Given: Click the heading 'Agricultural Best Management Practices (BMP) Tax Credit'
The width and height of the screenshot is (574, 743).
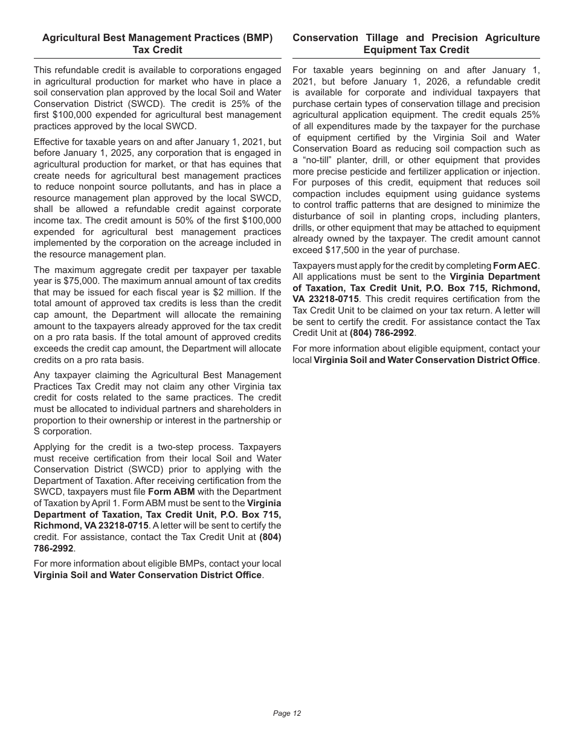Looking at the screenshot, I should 157,43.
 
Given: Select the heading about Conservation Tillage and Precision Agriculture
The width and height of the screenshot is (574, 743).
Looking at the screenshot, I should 416,43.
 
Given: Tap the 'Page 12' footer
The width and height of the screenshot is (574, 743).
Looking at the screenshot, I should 286,713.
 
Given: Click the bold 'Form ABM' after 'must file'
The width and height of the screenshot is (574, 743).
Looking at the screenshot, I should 171,492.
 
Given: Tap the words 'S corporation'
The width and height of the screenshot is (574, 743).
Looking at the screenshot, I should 63,431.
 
